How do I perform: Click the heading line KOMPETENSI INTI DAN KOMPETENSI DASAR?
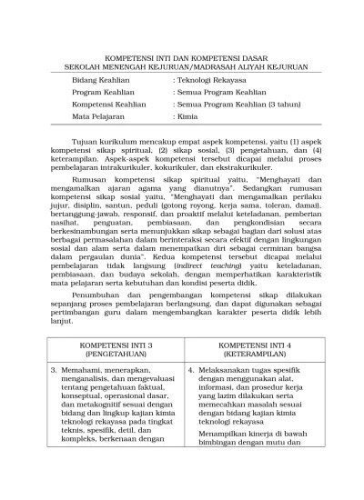pos(182,55)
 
